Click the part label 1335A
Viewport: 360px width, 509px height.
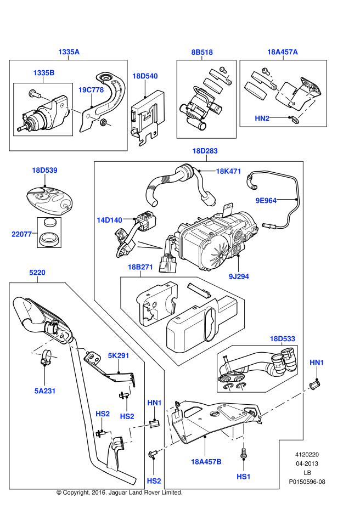coord(69,52)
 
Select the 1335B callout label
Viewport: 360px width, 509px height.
coord(44,73)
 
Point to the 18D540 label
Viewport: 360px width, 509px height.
coord(145,76)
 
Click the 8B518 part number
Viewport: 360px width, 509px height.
coord(202,52)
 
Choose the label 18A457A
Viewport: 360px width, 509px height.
coord(283,52)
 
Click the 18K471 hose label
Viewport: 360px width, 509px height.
coord(228,171)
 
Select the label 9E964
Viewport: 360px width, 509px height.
coord(266,201)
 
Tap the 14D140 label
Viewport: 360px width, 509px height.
coord(110,220)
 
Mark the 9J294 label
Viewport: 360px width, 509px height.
coord(239,276)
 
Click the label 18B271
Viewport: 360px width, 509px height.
coord(140,267)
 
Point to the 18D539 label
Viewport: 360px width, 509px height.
coord(44,171)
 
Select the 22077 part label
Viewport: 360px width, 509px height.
coord(22,234)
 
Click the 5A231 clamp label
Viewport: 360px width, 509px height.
coord(44,391)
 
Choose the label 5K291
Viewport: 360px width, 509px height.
coord(118,355)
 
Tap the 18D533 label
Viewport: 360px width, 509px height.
coord(282,338)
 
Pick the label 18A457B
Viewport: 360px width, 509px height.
coord(206,462)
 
